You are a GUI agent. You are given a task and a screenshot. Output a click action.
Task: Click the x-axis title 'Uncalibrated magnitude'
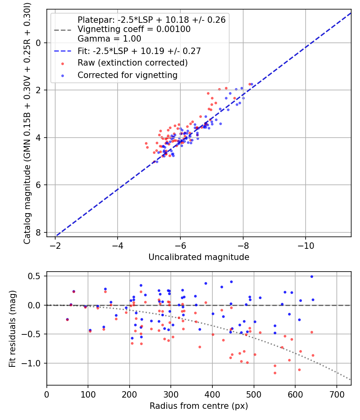[x=199, y=257]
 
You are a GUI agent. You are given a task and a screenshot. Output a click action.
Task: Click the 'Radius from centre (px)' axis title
[x=199, y=406]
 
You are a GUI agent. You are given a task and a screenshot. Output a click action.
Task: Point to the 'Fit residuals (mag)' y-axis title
[x=12, y=328]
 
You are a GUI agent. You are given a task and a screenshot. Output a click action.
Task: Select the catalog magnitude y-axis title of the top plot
[x=27, y=122]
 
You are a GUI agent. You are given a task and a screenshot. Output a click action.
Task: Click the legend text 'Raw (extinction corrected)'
[x=132, y=63]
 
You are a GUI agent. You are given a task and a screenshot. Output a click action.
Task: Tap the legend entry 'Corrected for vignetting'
[x=128, y=75]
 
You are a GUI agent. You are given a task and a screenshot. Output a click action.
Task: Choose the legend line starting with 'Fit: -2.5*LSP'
[x=139, y=51]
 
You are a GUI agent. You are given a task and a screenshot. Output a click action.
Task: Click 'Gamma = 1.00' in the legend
[x=109, y=39]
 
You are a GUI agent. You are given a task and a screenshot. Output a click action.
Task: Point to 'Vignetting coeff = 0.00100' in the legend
[x=134, y=29]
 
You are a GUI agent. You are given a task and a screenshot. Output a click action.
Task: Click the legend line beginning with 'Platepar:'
[x=151, y=20]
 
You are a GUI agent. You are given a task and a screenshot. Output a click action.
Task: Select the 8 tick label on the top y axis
[x=39, y=232]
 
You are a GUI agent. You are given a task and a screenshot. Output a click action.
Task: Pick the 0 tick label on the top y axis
[x=39, y=43]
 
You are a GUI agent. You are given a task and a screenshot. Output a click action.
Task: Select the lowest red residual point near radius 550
[x=275, y=373]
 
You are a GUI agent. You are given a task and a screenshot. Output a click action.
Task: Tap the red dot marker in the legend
[x=62, y=63]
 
